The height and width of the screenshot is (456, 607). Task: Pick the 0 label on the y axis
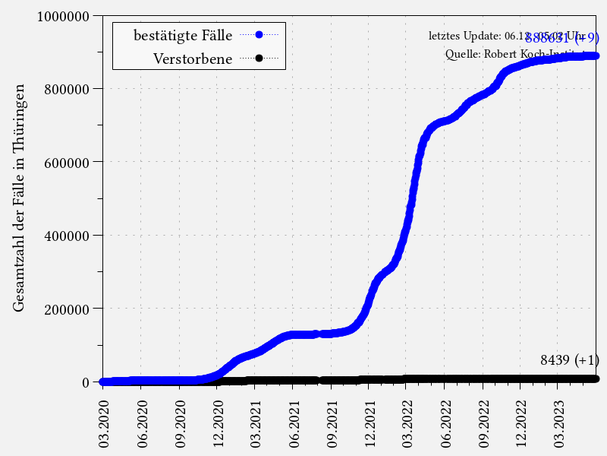[x=86, y=382]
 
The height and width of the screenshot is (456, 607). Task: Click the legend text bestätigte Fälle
[x=183, y=35]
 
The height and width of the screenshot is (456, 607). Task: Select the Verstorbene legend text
[x=193, y=59]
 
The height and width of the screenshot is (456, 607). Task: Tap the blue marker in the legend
[x=259, y=35]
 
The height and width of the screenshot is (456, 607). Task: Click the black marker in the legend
[x=259, y=59]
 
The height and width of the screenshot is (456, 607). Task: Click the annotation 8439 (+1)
[x=569, y=360]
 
